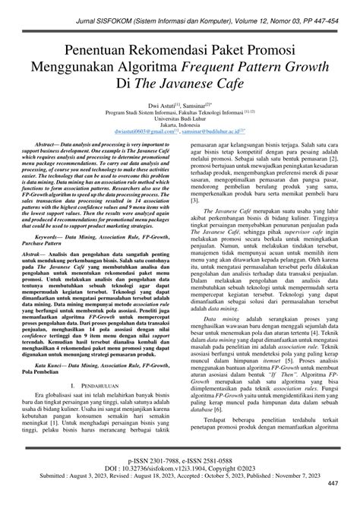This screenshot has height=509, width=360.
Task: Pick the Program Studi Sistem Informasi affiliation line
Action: pos(180,112)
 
